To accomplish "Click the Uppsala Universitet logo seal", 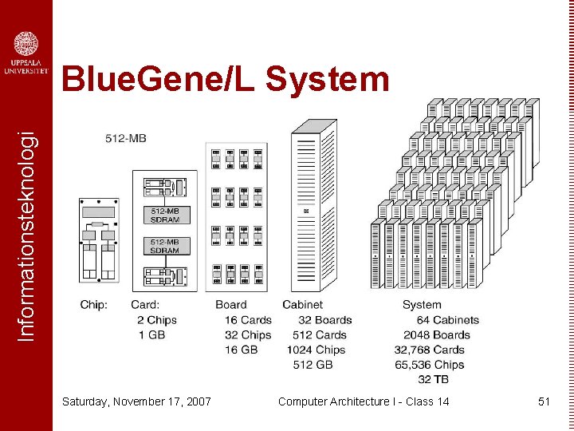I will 26,43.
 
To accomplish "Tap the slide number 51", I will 544,401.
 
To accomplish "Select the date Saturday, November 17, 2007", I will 136,401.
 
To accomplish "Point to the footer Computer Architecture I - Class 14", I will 364,401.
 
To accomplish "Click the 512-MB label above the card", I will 125,138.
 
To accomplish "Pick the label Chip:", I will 94,305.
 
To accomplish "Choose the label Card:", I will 145,305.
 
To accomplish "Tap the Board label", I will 231,305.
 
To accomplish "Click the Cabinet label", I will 302,305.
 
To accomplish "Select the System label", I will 422,305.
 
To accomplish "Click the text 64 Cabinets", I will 447,320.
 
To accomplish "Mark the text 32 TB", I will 433,379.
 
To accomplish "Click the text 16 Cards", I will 248,320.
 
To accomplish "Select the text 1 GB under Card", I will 151,335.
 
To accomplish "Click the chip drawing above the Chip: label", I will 98,239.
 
